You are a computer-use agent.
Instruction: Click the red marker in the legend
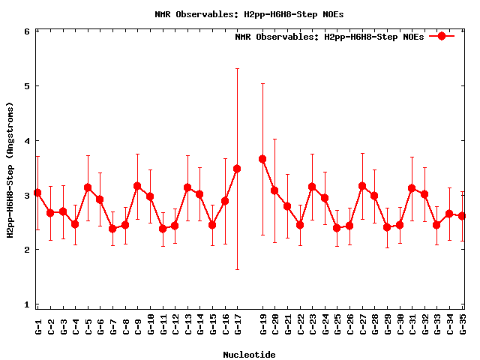coord(442,36)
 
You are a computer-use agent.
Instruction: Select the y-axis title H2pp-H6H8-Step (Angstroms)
coord(10,171)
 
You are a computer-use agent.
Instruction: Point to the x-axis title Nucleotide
coord(249,354)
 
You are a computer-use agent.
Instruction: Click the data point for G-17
coord(237,169)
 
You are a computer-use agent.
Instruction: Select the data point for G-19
coord(262,159)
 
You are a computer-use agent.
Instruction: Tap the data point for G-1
coord(37,193)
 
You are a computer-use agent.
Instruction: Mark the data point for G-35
coord(462,216)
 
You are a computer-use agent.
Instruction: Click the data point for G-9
coord(137,186)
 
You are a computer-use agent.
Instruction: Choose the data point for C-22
coord(300,224)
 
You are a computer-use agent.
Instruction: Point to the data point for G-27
coord(362,186)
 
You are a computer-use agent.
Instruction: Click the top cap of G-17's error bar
coord(237,69)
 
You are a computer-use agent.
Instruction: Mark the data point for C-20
coord(274,190)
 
